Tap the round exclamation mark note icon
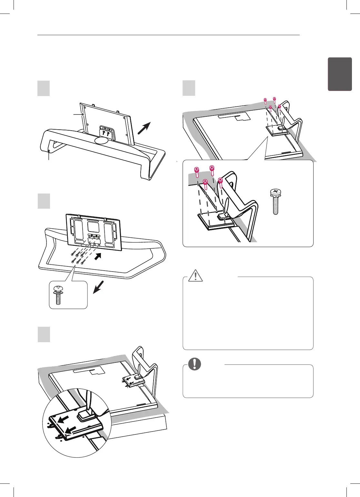point(195,364)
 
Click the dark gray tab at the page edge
point(340,74)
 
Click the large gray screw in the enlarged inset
point(275,202)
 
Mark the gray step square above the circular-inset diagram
point(44,334)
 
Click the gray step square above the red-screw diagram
point(189,88)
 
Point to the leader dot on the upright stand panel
point(83,114)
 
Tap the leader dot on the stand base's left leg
point(49,151)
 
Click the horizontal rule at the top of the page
point(168,35)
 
